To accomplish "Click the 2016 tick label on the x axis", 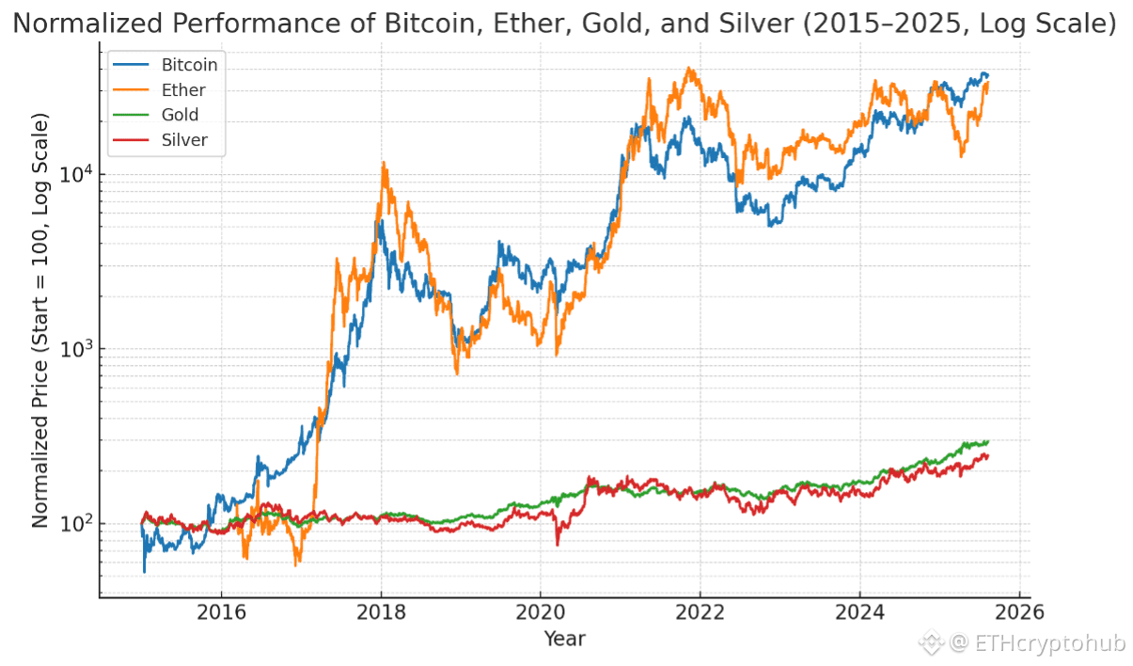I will tap(221, 612).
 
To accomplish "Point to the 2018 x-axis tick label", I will tap(381, 612).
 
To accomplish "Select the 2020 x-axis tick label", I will tap(540, 612).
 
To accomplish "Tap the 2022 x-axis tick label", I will tap(700, 612).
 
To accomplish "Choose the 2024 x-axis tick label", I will tap(859, 612).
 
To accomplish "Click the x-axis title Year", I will tap(564, 640).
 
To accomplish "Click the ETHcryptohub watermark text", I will tap(1048, 643).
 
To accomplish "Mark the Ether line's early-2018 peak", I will tap(384, 163).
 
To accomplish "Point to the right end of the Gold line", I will tap(987, 441).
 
